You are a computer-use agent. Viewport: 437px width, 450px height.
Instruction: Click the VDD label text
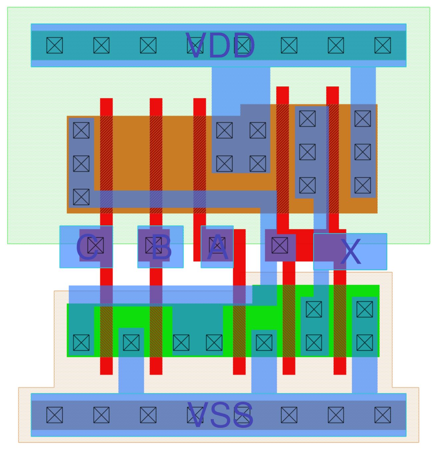click(220, 46)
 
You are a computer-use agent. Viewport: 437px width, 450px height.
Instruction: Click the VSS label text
click(220, 415)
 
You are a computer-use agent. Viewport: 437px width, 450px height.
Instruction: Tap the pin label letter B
click(162, 247)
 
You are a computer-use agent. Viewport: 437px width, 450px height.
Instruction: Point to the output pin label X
click(350, 252)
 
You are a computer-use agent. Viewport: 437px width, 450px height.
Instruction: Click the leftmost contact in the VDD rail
click(55, 45)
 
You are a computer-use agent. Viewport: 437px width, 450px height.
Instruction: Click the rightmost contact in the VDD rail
click(383, 45)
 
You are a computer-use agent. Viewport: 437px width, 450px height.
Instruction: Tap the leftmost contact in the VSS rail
click(55, 415)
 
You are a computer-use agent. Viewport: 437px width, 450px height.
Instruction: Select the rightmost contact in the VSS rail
click(383, 415)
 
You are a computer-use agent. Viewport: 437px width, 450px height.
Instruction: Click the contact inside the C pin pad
click(96, 246)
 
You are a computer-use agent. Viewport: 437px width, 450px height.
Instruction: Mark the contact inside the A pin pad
click(217, 246)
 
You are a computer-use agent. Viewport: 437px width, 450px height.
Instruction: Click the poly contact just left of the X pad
click(280, 245)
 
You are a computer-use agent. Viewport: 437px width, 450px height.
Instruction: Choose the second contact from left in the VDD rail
click(102, 45)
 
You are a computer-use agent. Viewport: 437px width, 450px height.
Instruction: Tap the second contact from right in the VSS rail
click(336, 415)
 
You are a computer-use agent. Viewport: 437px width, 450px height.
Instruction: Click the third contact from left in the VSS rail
click(148, 415)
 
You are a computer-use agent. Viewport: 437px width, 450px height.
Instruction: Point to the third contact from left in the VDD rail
click(148, 45)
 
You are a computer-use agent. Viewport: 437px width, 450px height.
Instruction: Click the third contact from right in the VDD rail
click(289, 45)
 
